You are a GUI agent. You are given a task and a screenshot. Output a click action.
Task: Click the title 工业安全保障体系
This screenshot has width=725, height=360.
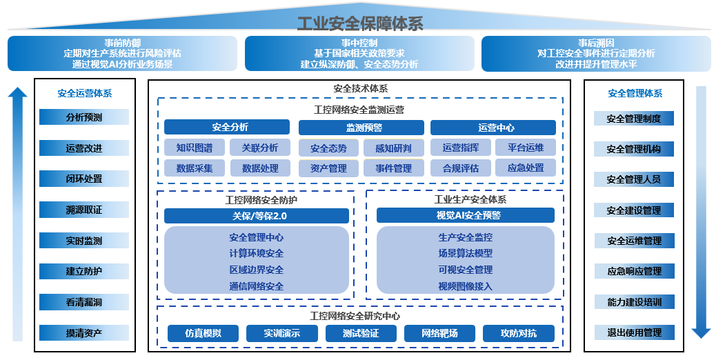359,24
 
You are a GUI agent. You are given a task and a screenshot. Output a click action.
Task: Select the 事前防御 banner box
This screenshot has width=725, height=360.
122,54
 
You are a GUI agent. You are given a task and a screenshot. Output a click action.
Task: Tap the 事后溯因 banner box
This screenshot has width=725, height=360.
596,54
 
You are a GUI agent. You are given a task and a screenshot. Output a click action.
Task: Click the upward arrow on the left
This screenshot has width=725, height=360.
18,214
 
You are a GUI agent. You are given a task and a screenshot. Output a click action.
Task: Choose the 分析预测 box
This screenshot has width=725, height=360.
84,117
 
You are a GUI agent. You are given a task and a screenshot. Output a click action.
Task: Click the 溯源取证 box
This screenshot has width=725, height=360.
84,210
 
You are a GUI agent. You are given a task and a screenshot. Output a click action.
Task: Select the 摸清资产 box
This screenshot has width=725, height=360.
84,333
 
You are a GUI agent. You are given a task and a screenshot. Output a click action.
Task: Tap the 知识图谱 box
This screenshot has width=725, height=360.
195,148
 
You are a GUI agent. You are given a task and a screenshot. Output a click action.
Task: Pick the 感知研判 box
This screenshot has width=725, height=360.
393,148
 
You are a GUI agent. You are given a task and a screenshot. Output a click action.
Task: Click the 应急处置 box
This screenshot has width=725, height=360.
526,168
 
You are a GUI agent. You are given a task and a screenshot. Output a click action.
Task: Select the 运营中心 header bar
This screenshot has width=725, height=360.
493,128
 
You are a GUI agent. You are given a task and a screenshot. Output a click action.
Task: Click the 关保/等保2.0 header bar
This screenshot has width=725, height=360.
255,216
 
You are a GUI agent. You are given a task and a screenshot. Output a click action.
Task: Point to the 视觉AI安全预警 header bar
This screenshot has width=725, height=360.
465,215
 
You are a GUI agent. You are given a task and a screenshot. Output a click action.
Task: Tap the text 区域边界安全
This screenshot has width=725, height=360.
256,270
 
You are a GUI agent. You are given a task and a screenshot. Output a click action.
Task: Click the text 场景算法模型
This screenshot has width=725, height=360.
465,253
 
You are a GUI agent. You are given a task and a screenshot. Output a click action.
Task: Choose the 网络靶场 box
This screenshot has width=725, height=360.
439,334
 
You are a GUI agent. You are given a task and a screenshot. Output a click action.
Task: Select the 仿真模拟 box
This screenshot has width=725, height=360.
203,334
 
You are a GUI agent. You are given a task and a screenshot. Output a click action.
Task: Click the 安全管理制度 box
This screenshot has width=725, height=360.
633,119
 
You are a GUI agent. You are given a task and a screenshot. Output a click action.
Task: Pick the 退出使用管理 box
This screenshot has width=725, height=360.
633,333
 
